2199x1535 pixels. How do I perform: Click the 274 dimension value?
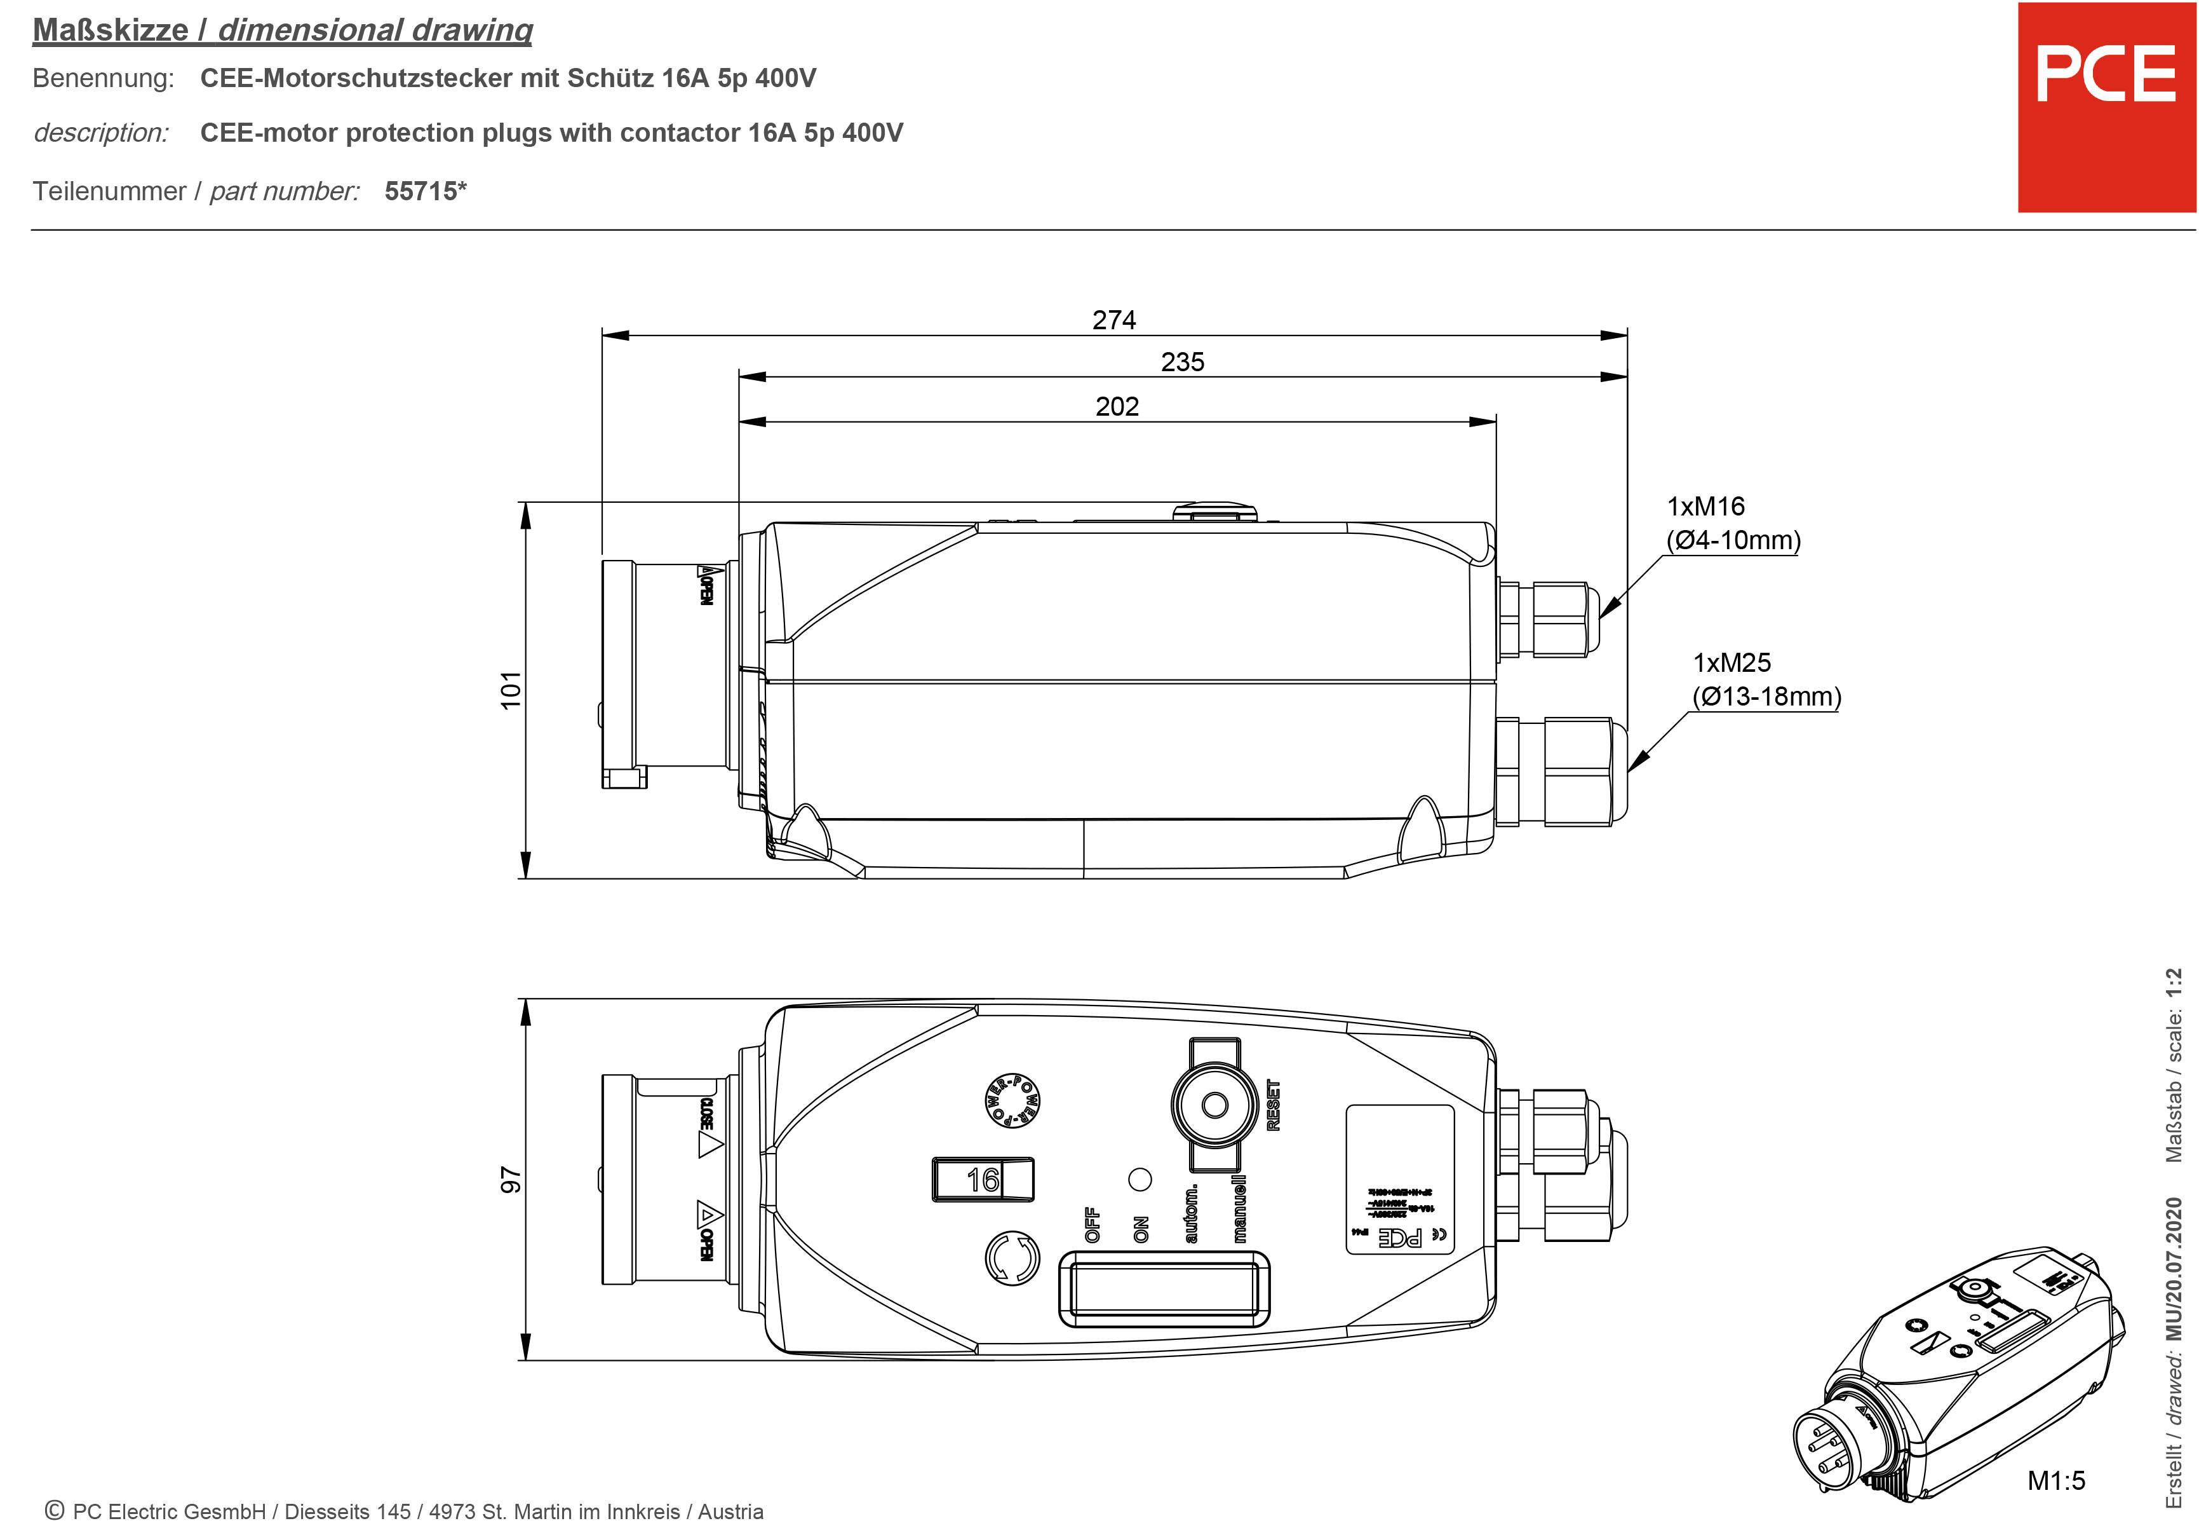[1114, 320]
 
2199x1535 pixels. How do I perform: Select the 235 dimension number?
[1182, 362]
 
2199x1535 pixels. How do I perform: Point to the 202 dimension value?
[1117, 406]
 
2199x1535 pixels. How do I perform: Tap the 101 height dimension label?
[511, 690]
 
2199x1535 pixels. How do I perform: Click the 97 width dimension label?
[511, 1180]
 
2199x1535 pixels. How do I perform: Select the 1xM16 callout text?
[1705, 507]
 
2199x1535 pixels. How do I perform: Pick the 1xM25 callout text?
[1732, 663]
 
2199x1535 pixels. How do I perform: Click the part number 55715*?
[425, 191]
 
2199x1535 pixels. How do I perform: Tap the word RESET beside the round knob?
[1274, 1105]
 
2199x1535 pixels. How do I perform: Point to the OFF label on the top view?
[1092, 1225]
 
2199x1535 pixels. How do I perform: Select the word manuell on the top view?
[1239, 1208]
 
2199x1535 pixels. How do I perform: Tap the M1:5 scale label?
[2055, 1480]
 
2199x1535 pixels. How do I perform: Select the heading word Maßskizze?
[110, 31]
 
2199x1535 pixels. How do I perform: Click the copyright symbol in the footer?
[55, 1510]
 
